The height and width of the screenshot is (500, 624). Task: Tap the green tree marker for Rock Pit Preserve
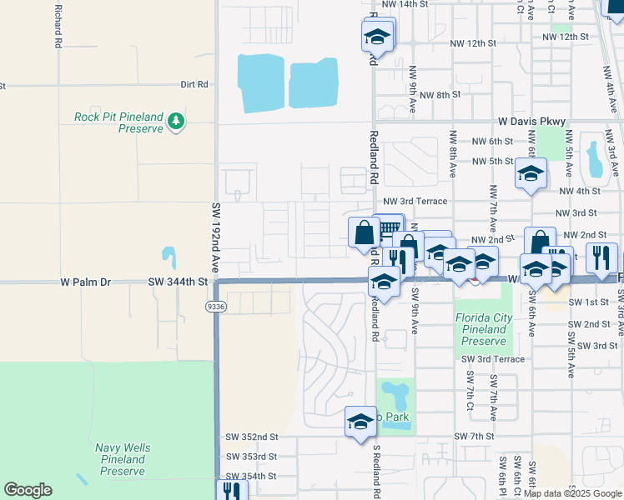click(176, 122)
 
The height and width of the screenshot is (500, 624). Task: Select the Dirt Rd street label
click(194, 85)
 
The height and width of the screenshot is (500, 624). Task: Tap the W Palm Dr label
click(85, 282)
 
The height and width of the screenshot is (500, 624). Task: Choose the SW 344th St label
click(177, 282)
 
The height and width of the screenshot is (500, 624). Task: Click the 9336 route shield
click(215, 307)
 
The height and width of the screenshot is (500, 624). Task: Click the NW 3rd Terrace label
click(415, 201)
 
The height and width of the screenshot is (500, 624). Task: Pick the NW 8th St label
click(440, 95)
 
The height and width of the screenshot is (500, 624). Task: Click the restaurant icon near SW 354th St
click(231, 492)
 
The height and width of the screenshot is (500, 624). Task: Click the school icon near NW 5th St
click(530, 174)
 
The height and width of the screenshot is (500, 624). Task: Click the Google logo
click(28, 489)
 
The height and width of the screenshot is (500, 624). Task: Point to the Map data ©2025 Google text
click(571, 493)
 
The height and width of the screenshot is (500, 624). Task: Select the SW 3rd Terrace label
click(493, 359)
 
